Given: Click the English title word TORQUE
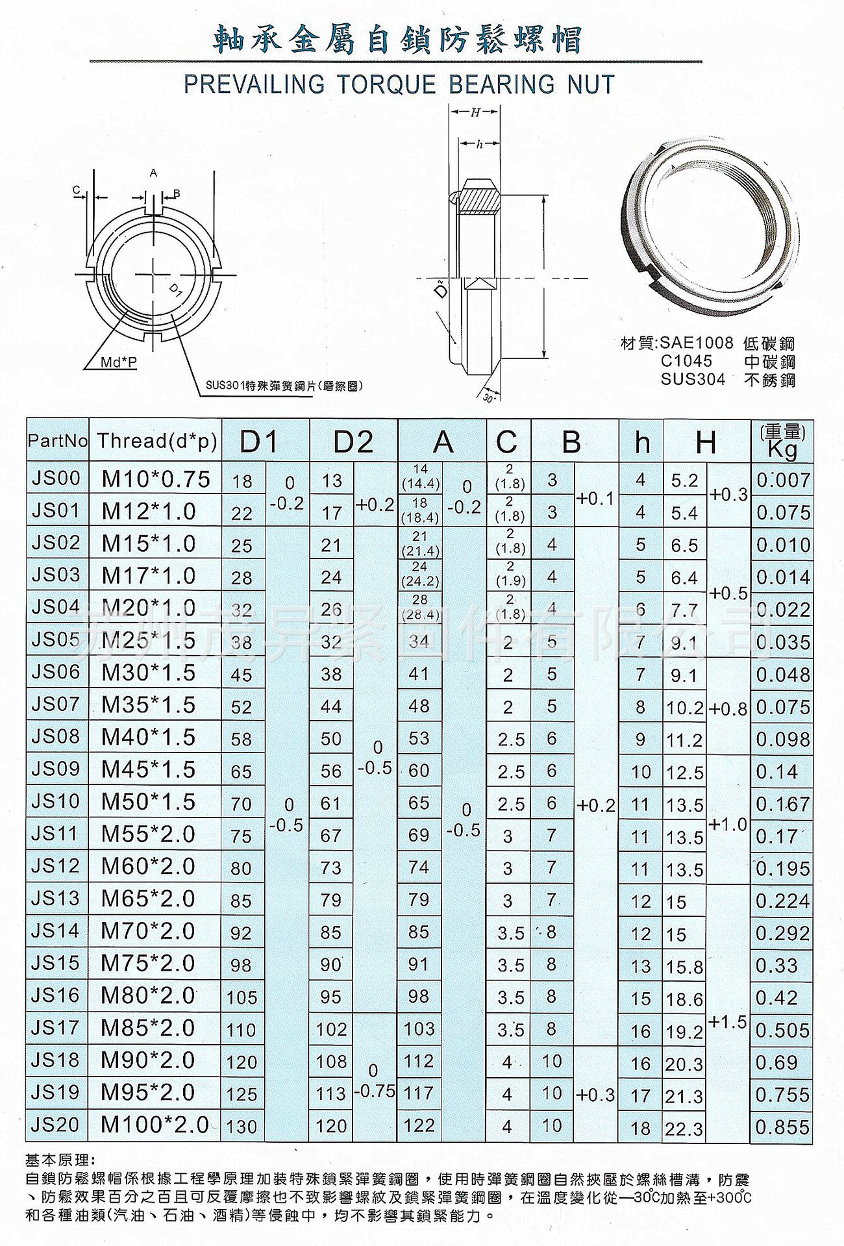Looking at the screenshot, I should tap(384, 84).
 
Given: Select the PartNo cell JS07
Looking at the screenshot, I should tap(55, 704).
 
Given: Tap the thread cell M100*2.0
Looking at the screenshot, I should tap(155, 1125).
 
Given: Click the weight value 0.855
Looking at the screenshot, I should tap(782, 1127).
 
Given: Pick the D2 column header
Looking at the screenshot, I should tap(353, 442).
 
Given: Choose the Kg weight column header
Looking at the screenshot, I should tap(782, 442).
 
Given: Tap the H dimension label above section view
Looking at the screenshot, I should tap(475, 113).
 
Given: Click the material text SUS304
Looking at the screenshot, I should tap(693, 379).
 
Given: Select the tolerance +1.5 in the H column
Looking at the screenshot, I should tap(728, 1022).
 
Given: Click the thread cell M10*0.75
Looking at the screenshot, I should tap(156, 479).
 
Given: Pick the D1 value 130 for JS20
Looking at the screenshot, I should tap(242, 1127).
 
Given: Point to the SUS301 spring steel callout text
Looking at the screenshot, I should tap(284, 386).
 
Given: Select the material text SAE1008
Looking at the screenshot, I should tap(696, 343).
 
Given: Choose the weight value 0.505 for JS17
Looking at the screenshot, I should tap(782, 1030).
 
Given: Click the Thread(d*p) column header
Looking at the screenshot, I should tap(156, 441).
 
